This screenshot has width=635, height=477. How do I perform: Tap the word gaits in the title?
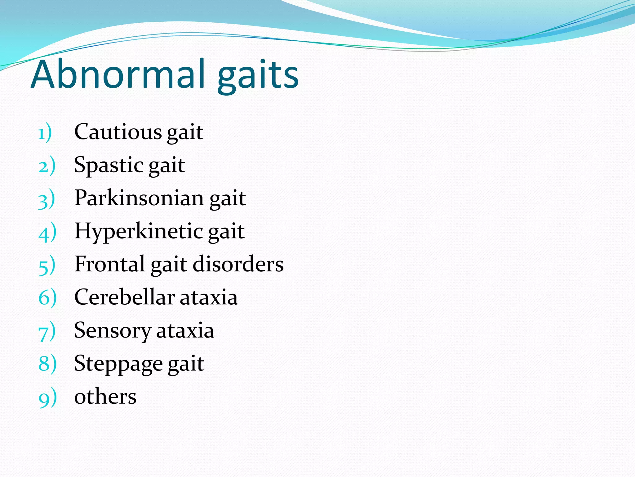(258, 76)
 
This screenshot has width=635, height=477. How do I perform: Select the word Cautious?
(118, 132)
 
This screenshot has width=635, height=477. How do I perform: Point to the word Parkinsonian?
(139, 198)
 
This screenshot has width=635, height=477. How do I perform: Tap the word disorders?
(238, 264)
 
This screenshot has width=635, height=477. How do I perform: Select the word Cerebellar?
(124, 297)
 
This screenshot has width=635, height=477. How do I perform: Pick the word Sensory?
(113, 331)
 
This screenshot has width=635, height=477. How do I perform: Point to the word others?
(105, 397)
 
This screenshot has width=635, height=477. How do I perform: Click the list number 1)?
(45, 133)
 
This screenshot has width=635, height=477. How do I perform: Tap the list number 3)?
(47, 199)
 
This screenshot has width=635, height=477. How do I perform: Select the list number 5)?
(47, 266)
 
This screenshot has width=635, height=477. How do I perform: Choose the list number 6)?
(47, 298)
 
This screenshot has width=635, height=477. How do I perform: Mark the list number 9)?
(47, 398)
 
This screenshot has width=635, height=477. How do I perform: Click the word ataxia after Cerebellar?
(209, 297)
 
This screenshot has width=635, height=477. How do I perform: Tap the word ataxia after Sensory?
(185, 330)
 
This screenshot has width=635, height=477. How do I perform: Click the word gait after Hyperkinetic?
(226, 232)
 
